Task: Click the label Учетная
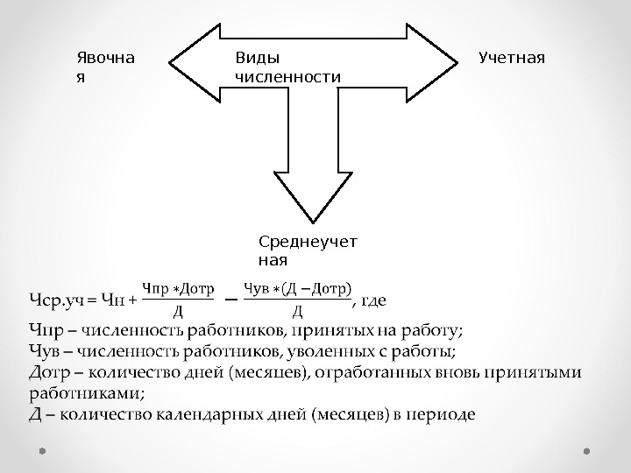pos(512,58)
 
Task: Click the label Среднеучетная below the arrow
pos(308,250)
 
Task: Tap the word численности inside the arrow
pos(287,77)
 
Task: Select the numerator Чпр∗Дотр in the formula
pos(178,287)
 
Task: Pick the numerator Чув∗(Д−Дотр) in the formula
pos(297,287)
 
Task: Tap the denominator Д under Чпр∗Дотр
pos(178,310)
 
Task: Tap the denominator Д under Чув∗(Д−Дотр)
pos(297,310)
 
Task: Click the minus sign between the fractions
pos(231,299)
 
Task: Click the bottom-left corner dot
pos(42,452)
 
